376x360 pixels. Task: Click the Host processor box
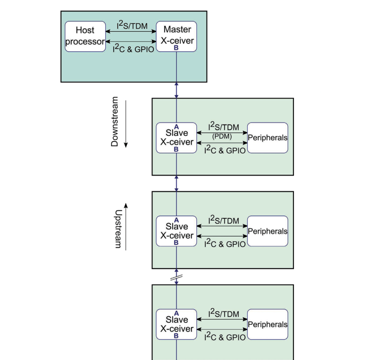(x=85, y=36)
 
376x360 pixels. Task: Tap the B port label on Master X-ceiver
(x=176, y=48)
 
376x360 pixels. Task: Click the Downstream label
(x=115, y=121)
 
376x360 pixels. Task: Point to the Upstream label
(x=118, y=229)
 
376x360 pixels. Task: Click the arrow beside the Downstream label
(x=126, y=124)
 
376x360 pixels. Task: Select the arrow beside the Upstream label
(x=126, y=226)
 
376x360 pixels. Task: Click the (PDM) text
(x=222, y=136)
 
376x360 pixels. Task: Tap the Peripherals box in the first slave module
(x=267, y=138)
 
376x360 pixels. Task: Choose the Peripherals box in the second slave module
(x=267, y=231)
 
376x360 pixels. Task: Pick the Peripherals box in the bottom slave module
(x=267, y=325)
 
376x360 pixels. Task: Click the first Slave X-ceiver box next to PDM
(x=176, y=138)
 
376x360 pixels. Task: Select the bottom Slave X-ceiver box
(x=176, y=325)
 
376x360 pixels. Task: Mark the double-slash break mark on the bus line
(x=176, y=278)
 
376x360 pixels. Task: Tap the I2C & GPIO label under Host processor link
(x=133, y=48)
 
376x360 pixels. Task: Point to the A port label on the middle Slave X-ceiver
(x=176, y=220)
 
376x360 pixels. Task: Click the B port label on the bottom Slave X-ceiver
(x=176, y=336)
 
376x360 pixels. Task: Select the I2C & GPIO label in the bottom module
(x=225, y=337)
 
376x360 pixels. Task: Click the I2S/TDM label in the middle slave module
(x=224, y=220)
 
